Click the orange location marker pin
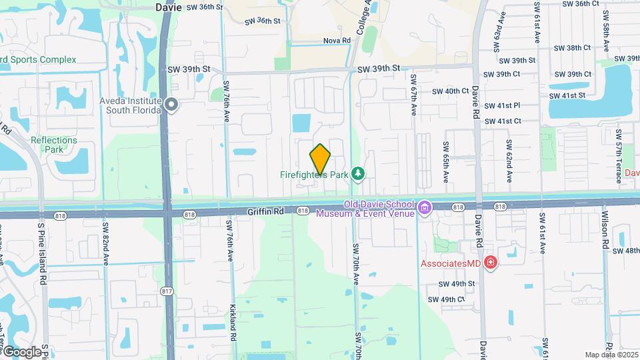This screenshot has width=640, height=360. [x=321, y=159]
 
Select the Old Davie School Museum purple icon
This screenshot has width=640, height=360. [x=424, y=209]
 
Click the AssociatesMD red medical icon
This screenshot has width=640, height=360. [x=491, y=263]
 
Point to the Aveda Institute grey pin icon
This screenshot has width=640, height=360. [x=172, y=105]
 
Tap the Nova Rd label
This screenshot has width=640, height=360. [x=337, y=41]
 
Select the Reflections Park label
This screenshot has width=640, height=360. [x=54, y=145]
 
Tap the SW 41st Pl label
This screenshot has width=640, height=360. [x=501, y=105]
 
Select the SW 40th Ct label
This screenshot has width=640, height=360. [x=451, y=91]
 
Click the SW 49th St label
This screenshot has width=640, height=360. [x=457, y=283]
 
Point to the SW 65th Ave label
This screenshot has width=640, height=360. [x=446, y=161]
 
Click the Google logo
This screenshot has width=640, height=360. [x=21, y=351]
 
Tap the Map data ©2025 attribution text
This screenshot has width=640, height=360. [x=611, y=355]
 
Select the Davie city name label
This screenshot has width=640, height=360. [x=168, y=7]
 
